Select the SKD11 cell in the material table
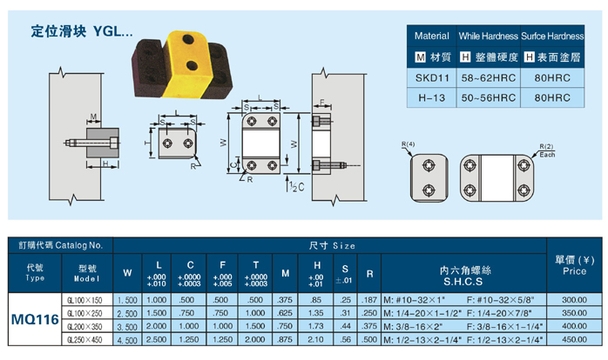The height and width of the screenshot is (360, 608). pos(431,77)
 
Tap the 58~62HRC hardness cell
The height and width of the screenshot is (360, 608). pos(488,77)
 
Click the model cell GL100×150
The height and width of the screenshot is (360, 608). pos(85,299)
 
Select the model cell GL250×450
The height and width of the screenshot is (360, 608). pos(85,340)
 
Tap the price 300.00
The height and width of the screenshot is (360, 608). pos(575,299)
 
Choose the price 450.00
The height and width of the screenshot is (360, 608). pos(575,340)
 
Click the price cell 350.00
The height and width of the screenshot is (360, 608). pos(575,312)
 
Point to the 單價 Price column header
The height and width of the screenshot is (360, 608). pos(575,264)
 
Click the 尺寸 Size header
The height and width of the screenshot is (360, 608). pos(331,246)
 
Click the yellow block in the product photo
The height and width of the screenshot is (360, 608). pos(186,54)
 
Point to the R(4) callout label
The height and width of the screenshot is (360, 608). pos(410,143)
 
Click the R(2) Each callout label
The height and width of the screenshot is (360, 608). pos(546,149)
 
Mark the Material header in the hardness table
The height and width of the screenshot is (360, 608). pos(431,37)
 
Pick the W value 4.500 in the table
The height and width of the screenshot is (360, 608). pos(127,340)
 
